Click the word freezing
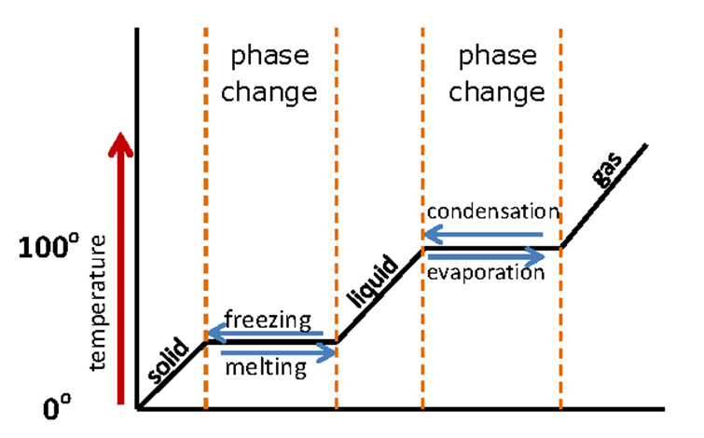pyautogui.click(x=267, y=320)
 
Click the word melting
pyautogui.click(x=265, y=367)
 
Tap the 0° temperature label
pyautogui.click(x=55, y=406)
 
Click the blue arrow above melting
pyautogui.click(x=279, y=352)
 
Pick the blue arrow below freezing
pyautogui.click(x=265, y=333)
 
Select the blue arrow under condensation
pyautogui.click(x=483, y=235)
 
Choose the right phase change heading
pyautogui.click(x=498, y=74)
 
